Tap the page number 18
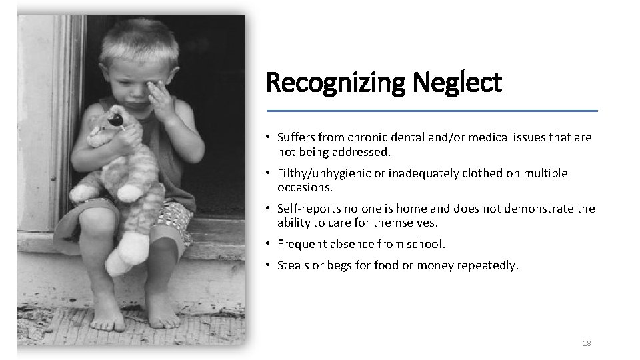click(x=587, y=343)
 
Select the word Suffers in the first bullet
click(x=297, y=138)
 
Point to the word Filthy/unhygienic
click(x=323, y=173)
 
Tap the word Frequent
click(x=301, y=244)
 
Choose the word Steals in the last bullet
click(x=294, y=266)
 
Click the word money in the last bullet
click(x=435, y=266)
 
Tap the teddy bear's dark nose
click(x=116, y=121)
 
